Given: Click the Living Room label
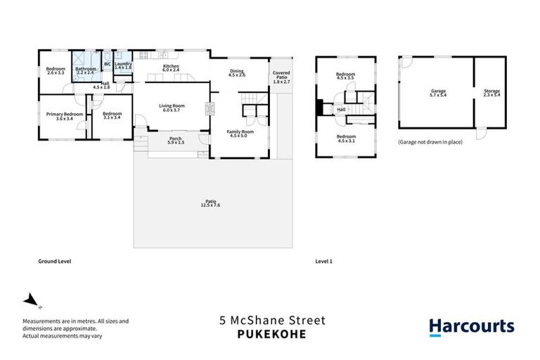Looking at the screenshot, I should coord(172,108).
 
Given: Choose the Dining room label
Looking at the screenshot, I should coord(237,72).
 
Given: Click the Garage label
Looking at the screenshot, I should coord(439,92).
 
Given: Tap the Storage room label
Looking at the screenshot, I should coord(491,92).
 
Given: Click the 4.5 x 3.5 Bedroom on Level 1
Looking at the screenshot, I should coord(345,76).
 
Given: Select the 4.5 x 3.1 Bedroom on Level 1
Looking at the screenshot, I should coord(345,138).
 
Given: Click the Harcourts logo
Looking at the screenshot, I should coord(472,327).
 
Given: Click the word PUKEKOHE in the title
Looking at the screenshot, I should coord(271,335).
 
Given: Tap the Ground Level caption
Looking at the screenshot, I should coord(55,261).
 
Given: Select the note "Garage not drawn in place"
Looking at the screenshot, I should coord(430,143).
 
